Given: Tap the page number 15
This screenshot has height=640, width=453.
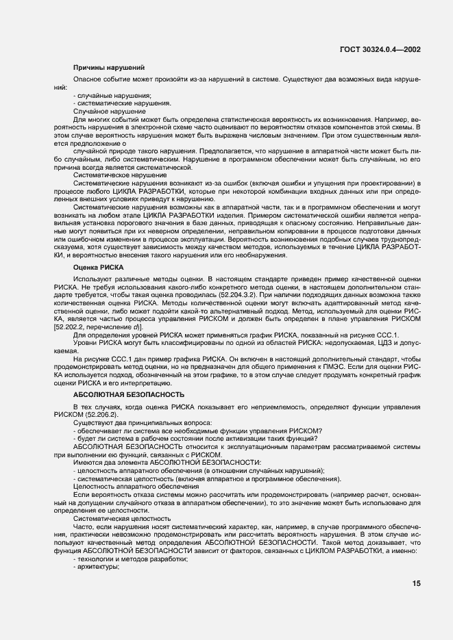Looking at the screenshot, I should click(416, 583).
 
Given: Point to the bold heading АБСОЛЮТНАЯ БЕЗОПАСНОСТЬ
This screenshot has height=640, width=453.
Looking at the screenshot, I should click(128, 395).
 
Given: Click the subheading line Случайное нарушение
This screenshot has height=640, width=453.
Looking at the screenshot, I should click(109, 111).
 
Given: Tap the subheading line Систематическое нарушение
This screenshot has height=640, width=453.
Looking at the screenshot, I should click(119, 175).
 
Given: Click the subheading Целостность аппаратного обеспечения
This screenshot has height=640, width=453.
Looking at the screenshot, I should click(136, 487).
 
